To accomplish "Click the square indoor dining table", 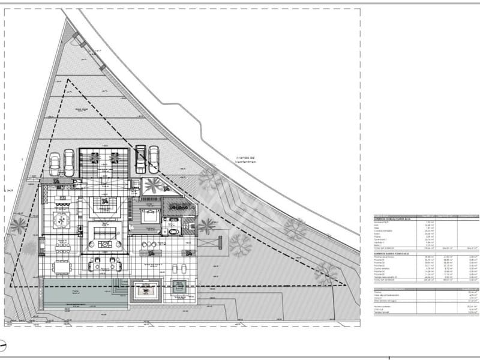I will pos(62,220).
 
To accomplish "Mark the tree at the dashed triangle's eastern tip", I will pos(325,274).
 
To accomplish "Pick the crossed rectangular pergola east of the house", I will pos(211,242).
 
